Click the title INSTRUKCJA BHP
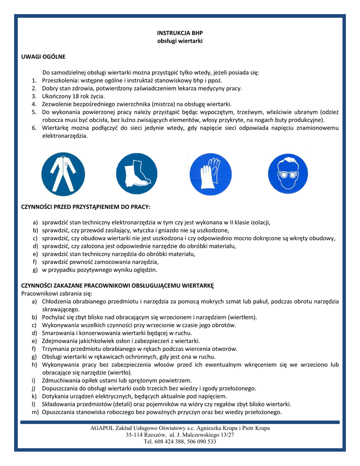tap(179, 33)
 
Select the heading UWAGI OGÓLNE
tap(44, 57)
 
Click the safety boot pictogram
tap(136, 174)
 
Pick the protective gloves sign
tap(210, 174)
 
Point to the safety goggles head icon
tap(288, 174)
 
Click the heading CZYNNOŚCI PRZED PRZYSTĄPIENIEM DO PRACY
tap(86, 207)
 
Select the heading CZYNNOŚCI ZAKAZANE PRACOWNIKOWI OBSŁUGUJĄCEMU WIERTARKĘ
tap(117, 286)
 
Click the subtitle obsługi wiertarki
tap(179, 41)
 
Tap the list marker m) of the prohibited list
tap(35, 412)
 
